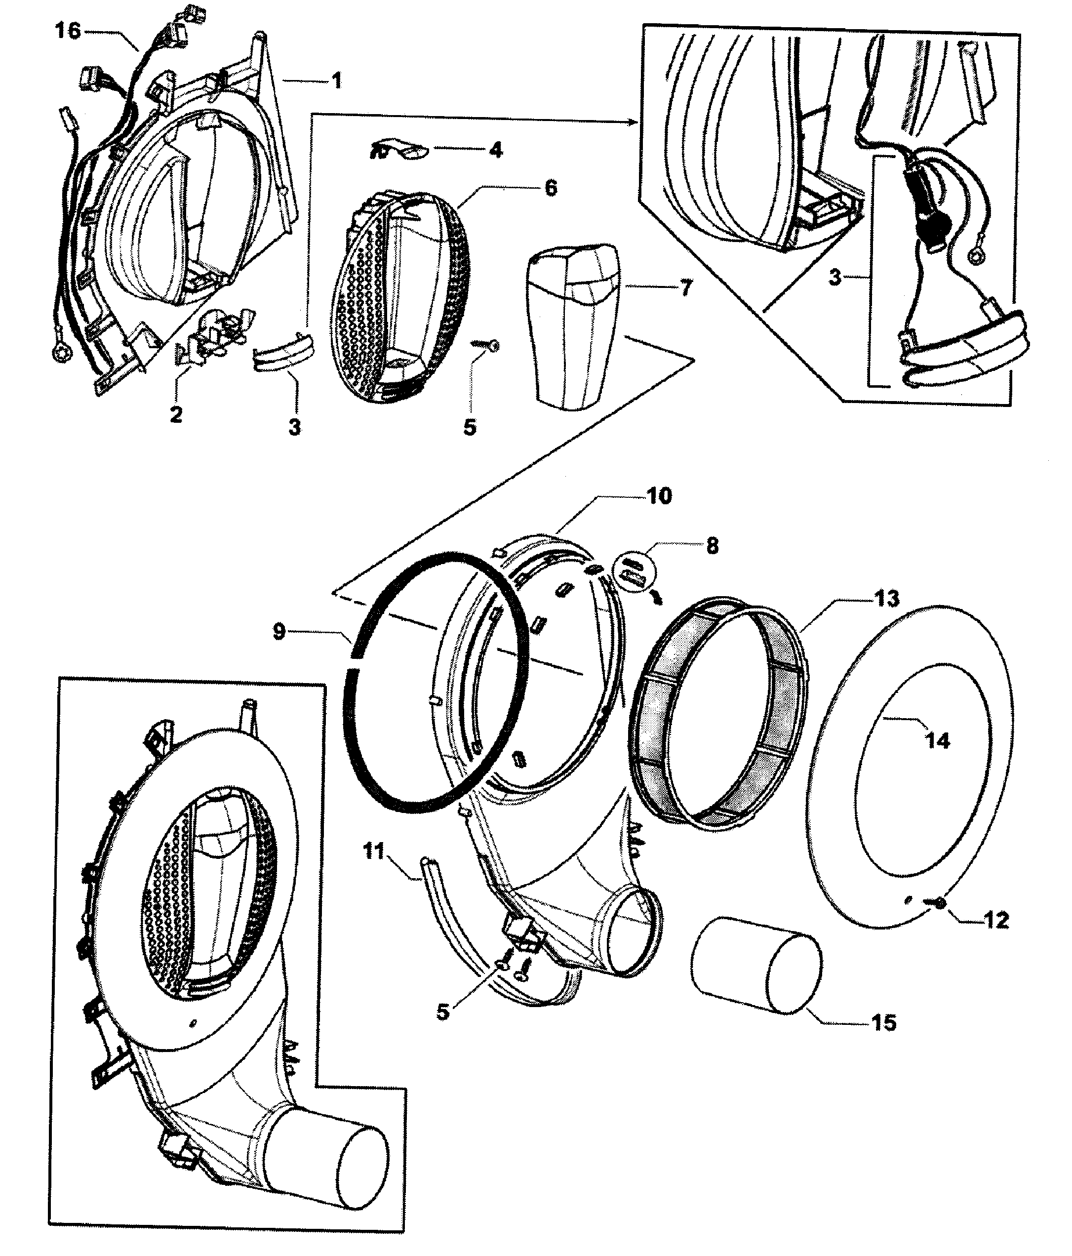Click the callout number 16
click(x=68, y=30)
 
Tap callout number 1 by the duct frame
click(x=337, y=80)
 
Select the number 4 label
click(x=496, y=149)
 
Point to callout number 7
click(x=685, y=287)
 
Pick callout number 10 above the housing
click(x=659, y=496)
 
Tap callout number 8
click(x=712, y=546)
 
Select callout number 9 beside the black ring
click(x=279, y=632)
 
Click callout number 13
click(x=886, y=599)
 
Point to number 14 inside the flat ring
click(x=938, y=740)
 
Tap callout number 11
click(x=374, y=851)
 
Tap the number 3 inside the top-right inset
click(x=835, y=278)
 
